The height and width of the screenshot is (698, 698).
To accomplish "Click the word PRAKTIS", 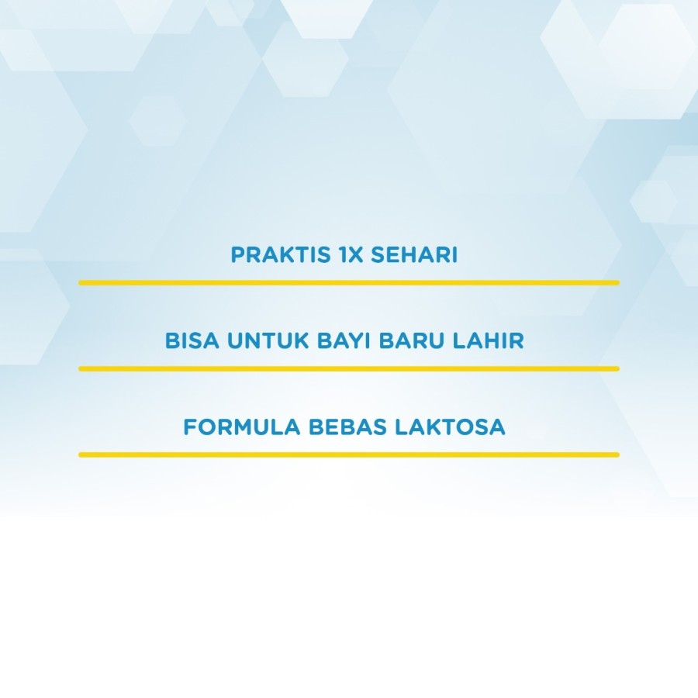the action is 281,254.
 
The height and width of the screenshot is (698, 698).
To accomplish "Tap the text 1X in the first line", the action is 351,254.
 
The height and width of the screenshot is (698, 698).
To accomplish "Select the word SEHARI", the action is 414,254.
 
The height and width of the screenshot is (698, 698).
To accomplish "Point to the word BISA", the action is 192,340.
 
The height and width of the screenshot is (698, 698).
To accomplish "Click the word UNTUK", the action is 268,340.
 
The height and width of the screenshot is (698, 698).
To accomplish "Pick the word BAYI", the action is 344,340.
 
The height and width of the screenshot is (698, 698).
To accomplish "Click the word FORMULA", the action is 242,427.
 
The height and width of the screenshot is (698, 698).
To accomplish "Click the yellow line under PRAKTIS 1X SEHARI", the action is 349,282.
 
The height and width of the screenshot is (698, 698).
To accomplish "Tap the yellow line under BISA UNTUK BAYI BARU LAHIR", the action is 349,368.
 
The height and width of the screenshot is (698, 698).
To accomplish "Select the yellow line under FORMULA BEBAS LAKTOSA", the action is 349,454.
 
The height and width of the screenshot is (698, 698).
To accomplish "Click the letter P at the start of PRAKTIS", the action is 238,254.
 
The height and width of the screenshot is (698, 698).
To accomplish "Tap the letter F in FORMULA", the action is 190,427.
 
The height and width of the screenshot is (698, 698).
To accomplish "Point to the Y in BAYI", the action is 357,340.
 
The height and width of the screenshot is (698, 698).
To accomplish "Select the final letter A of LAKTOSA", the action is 497,427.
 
